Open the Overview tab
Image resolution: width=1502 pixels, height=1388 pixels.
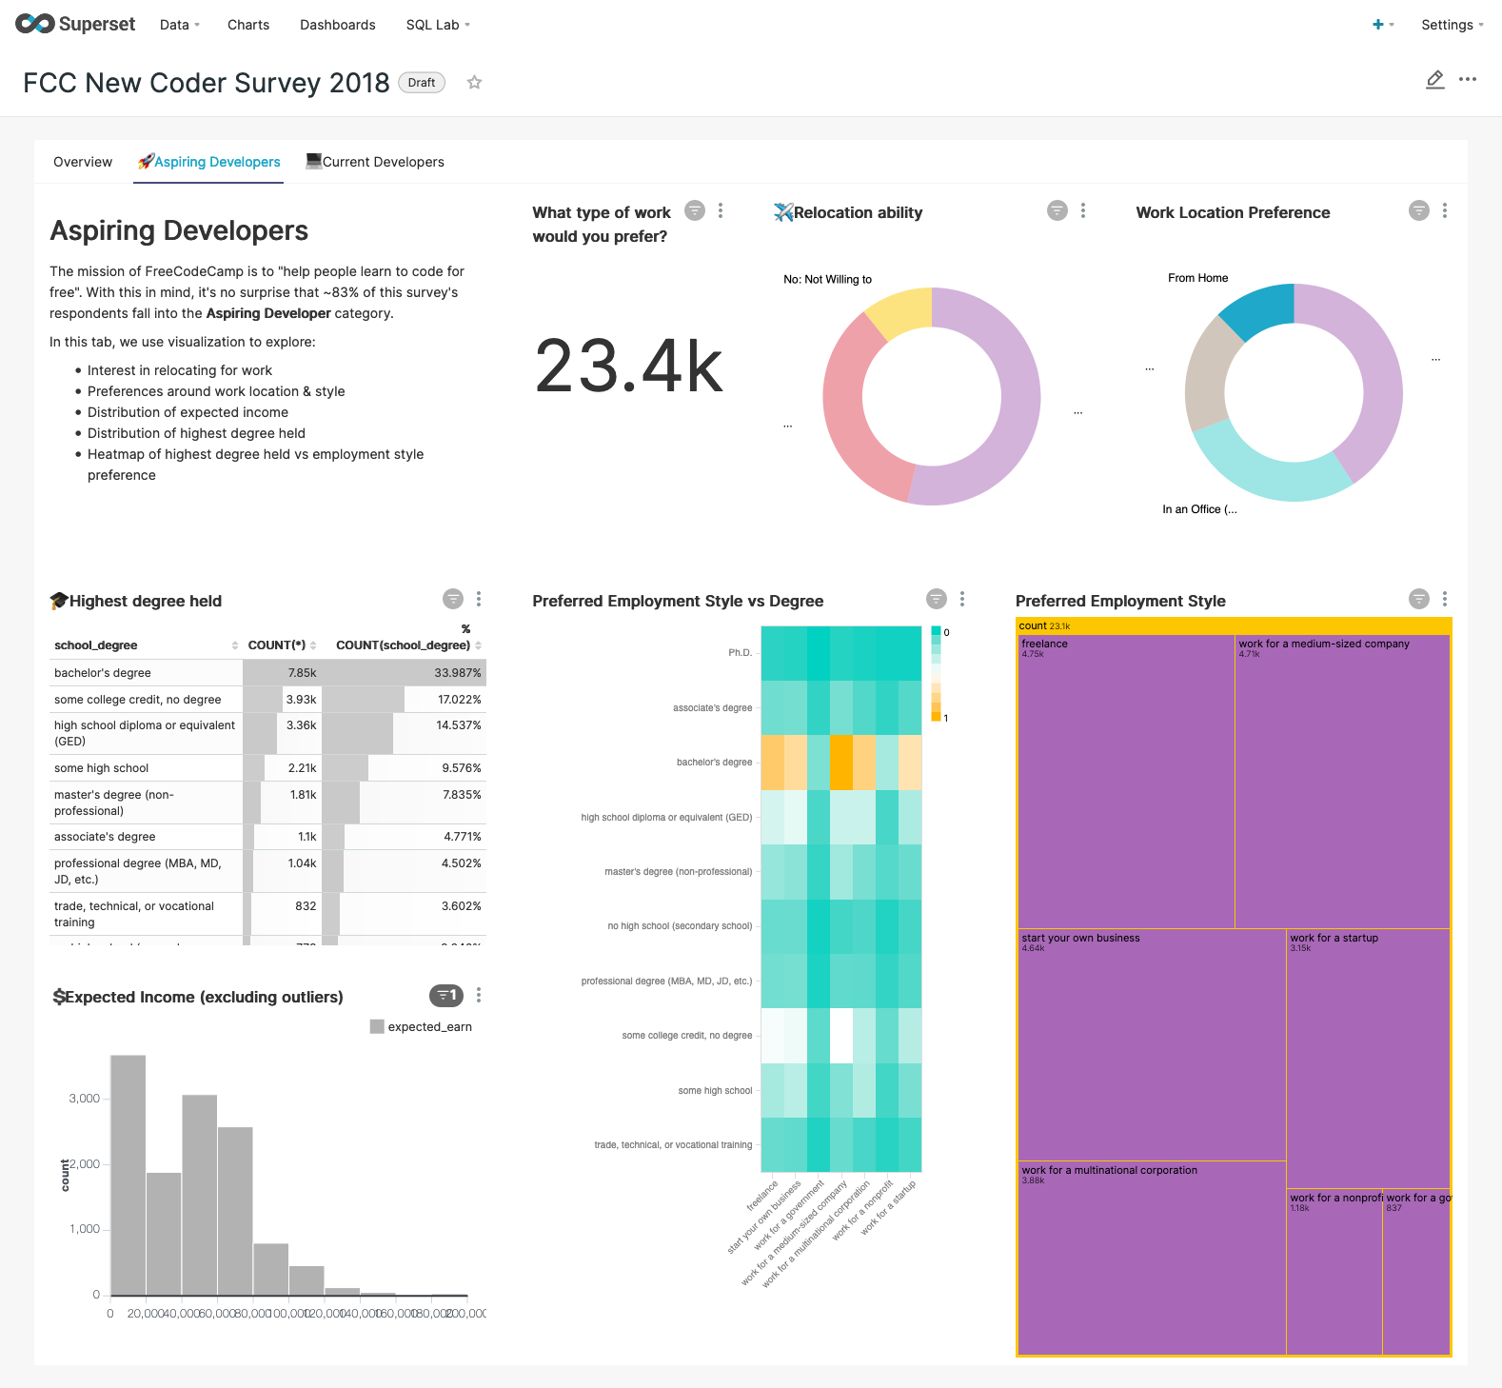(x=83, y=162)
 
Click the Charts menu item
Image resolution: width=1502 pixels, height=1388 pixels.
(x=248, y=25)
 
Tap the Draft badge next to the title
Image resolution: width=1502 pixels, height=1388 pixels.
(x=422, y=83)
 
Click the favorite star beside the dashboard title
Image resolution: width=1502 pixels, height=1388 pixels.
(x=474, y=83)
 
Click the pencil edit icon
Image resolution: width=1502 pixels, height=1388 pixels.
(x=1434, y=80)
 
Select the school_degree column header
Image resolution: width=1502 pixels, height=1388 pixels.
(x=96, y=645)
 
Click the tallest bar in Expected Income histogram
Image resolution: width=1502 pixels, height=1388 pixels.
(x=128, y=1175)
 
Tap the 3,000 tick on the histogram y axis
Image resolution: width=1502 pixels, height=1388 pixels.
(x=85, y=1099)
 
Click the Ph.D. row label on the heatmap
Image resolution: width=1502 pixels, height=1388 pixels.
(x=740, y=653)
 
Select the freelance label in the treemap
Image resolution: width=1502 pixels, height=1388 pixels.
(x=1044, y=644)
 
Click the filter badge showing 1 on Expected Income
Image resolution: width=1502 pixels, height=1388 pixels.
(x=446, y=996)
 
